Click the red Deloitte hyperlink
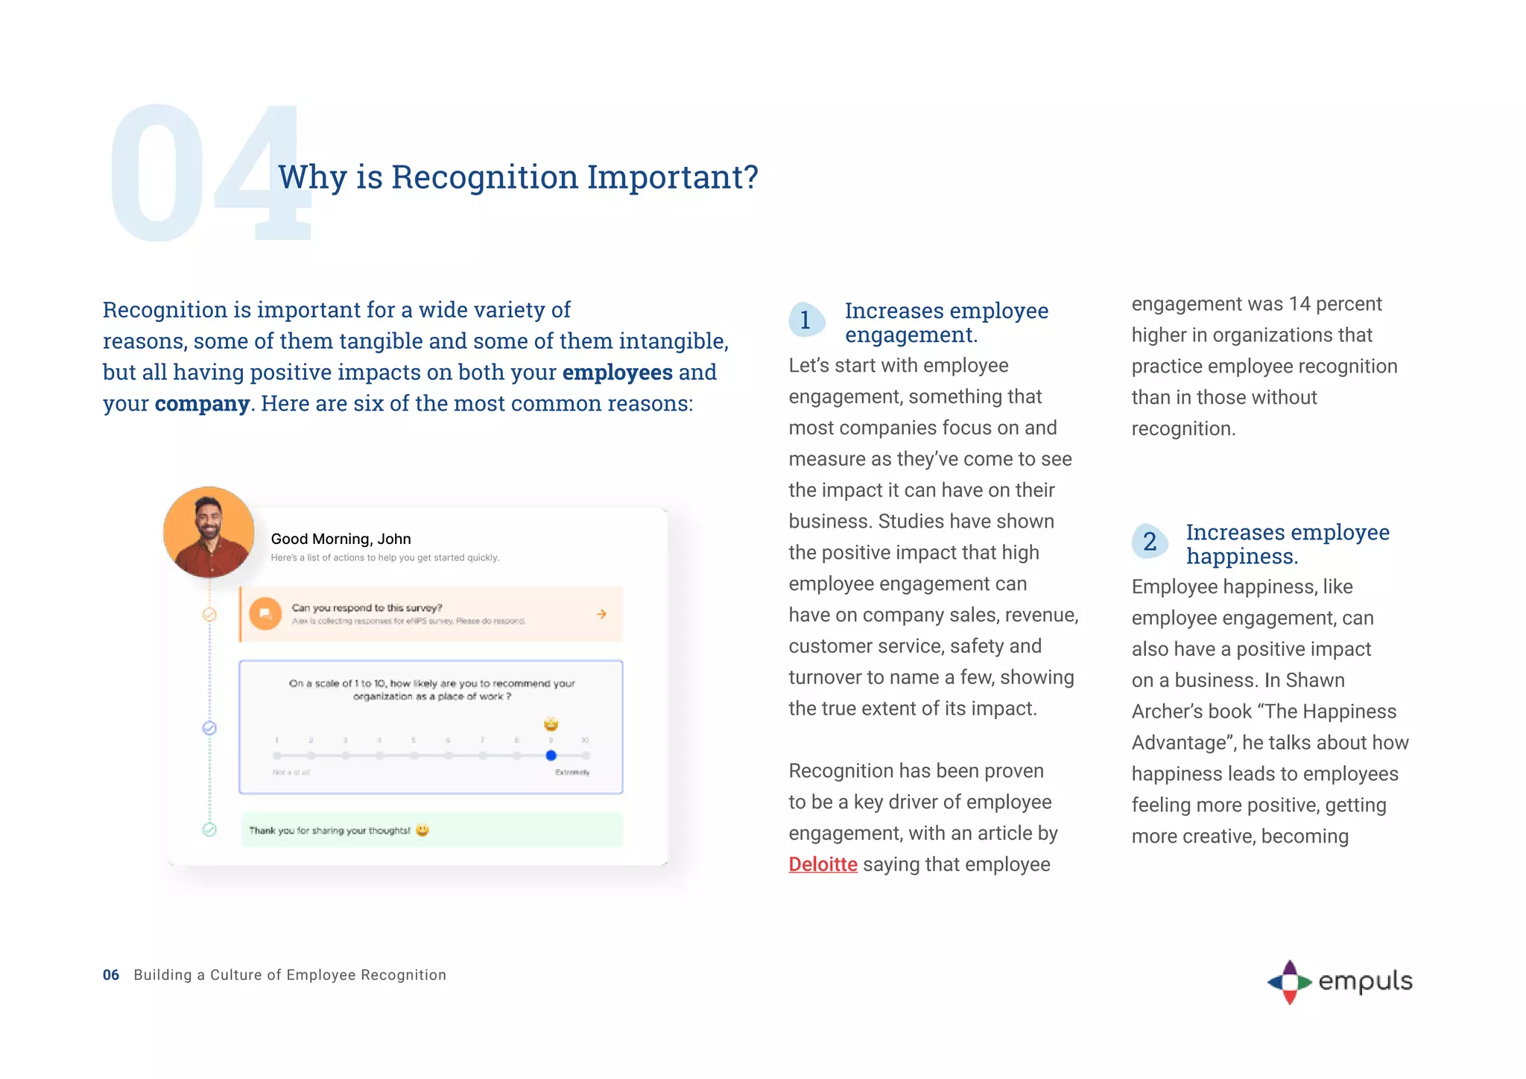coord(823,864)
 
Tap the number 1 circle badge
coord(805,320)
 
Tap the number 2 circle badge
coord(1150,542)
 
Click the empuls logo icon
coord(1289,982)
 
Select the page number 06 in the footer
coord(111,975)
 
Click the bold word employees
coord(617,372)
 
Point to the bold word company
coord(202,403)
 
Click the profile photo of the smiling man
coord(209,532)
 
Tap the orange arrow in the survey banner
coord(601,614)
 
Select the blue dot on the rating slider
coord(551,756)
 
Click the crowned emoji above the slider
coord(551,724)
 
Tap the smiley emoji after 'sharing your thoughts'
coord(422,830)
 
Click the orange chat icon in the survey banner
coord(265,614)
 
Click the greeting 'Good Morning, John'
coord(341,539)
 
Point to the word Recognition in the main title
coord(484,177)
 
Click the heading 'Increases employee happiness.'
coord(1287,544)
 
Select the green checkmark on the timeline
coord(209,829)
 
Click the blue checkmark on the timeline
coord(209,728)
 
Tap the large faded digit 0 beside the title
coord(156,175)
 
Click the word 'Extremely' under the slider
coord(572,773)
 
